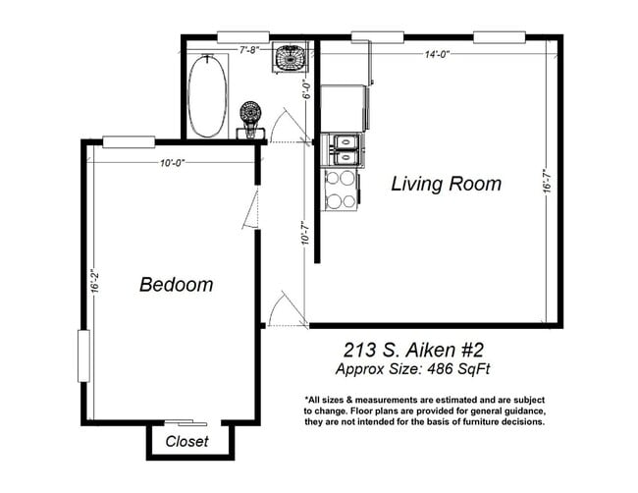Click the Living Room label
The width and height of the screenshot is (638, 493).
pyautogui.click(x=446, y=184)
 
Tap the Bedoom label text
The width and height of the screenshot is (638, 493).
pyautogui.click(x=177, y=285)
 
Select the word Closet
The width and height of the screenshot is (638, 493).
pyautogui.click(x=186, y=441)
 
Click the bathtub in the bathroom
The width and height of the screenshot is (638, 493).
pyautogui.click(x=207, y=95)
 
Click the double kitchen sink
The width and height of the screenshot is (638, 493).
pyautogui.click(x=344, y=150)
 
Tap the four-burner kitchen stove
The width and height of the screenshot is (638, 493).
pyautogui.click(x=341, y=190)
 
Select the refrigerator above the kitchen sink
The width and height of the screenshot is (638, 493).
pyautogui.click(x=344, y=107)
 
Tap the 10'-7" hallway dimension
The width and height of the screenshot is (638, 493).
pyautogui.click(x=305, y=234)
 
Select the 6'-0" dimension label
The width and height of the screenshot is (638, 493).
pyautogui.click(x=305, y=90)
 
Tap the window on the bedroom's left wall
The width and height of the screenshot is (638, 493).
pyautogui.click(x=82, y=356)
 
